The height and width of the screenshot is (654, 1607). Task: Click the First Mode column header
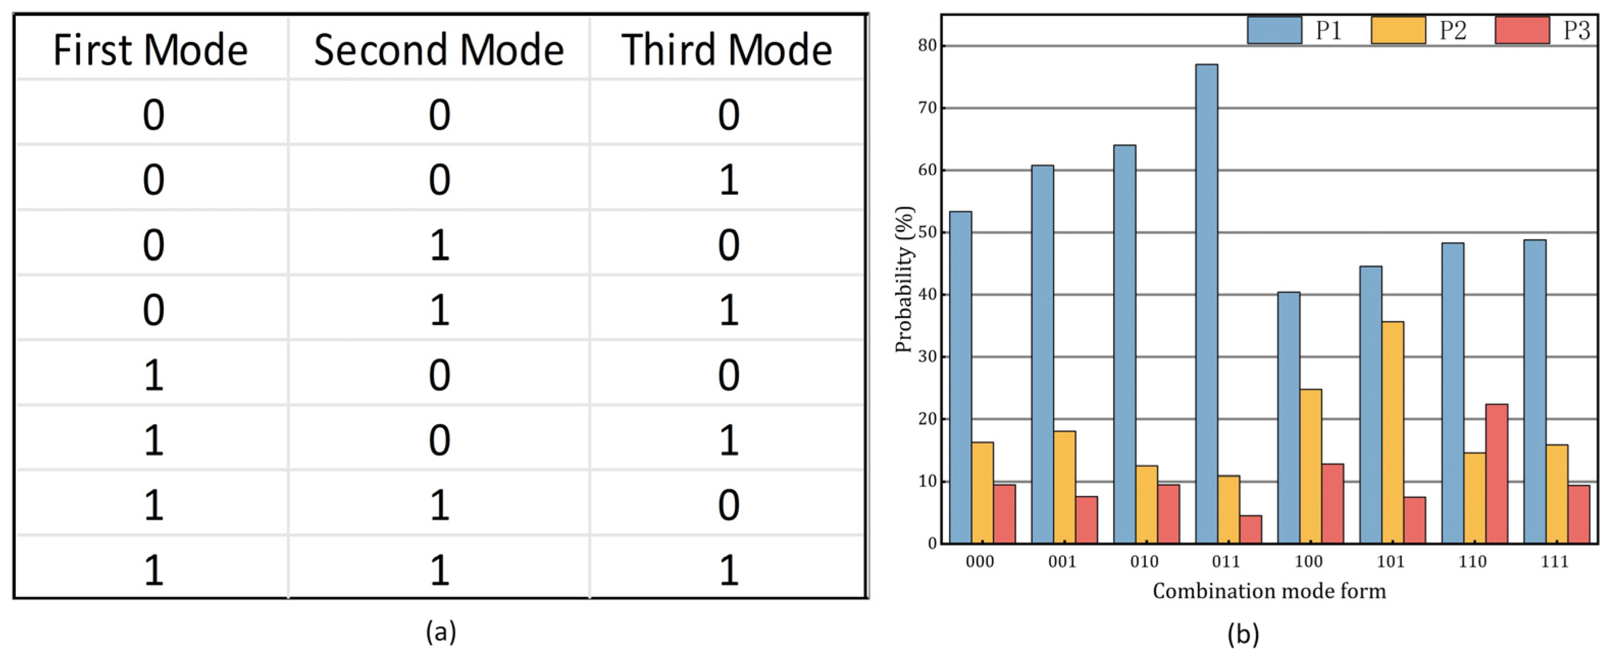point(150,50)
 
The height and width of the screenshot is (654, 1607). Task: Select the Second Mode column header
point(438,50)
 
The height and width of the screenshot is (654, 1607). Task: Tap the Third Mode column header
point(727,50)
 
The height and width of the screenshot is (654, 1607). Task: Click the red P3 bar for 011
point(1251,529)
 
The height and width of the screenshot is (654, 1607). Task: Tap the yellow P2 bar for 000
point(983,492)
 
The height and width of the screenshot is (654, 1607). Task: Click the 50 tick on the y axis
point(928,232)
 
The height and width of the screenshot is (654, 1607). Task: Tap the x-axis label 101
point(1390,562)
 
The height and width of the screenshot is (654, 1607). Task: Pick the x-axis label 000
point(980,562)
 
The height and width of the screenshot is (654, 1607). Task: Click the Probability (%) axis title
point(905,279)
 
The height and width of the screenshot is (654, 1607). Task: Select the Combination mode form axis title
point(1269,591)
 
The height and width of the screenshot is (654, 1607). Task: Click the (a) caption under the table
point(440,632)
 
